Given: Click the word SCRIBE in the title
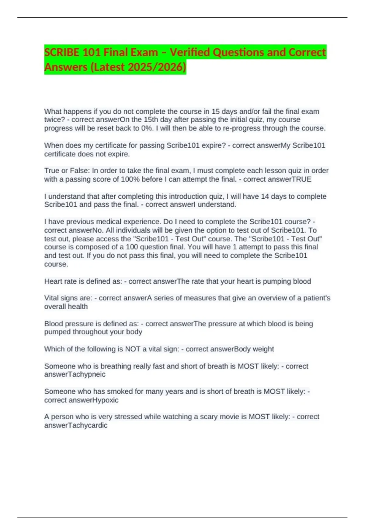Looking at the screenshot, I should click(x=62, y=52).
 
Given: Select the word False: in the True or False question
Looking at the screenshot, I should click(x=80, y=171).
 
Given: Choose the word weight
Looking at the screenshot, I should click(x=263, y=349).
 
